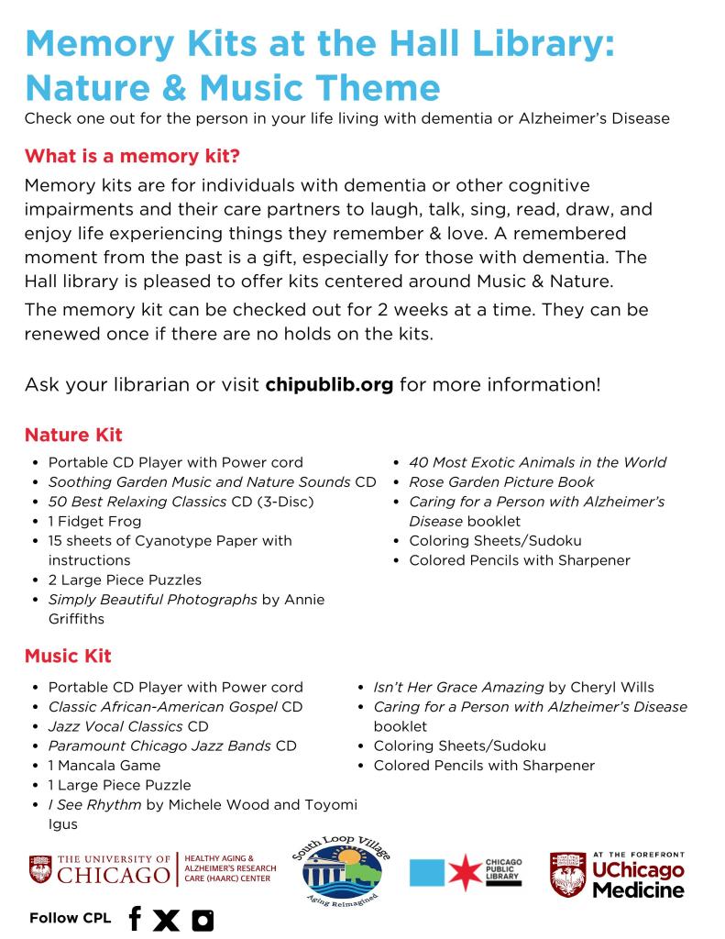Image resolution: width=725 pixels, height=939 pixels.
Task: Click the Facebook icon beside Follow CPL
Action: tap(135, 918)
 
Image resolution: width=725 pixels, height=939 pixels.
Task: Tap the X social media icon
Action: tap(166, 918)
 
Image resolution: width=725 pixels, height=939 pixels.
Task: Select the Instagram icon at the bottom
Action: tap(202, 918)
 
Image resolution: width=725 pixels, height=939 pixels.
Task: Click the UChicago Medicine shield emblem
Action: tap(567, 875)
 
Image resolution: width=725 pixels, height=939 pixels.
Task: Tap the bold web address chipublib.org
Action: tap(329, 383)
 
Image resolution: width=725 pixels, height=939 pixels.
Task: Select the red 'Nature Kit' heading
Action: tap(73, 434)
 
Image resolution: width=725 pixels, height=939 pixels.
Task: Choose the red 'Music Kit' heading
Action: tap(68, 657)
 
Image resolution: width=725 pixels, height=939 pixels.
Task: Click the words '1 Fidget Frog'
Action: tap(91, 521)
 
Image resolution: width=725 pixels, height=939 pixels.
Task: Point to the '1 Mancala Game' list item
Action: tap(104, 765)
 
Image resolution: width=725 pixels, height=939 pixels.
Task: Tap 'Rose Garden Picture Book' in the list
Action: tap(501, 481)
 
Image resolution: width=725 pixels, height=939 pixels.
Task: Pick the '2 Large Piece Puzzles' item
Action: tap(125, 580)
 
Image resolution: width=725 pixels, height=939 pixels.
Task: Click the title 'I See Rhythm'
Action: tap(95, 804)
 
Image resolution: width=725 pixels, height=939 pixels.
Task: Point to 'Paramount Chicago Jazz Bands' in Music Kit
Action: tap(159, 746)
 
